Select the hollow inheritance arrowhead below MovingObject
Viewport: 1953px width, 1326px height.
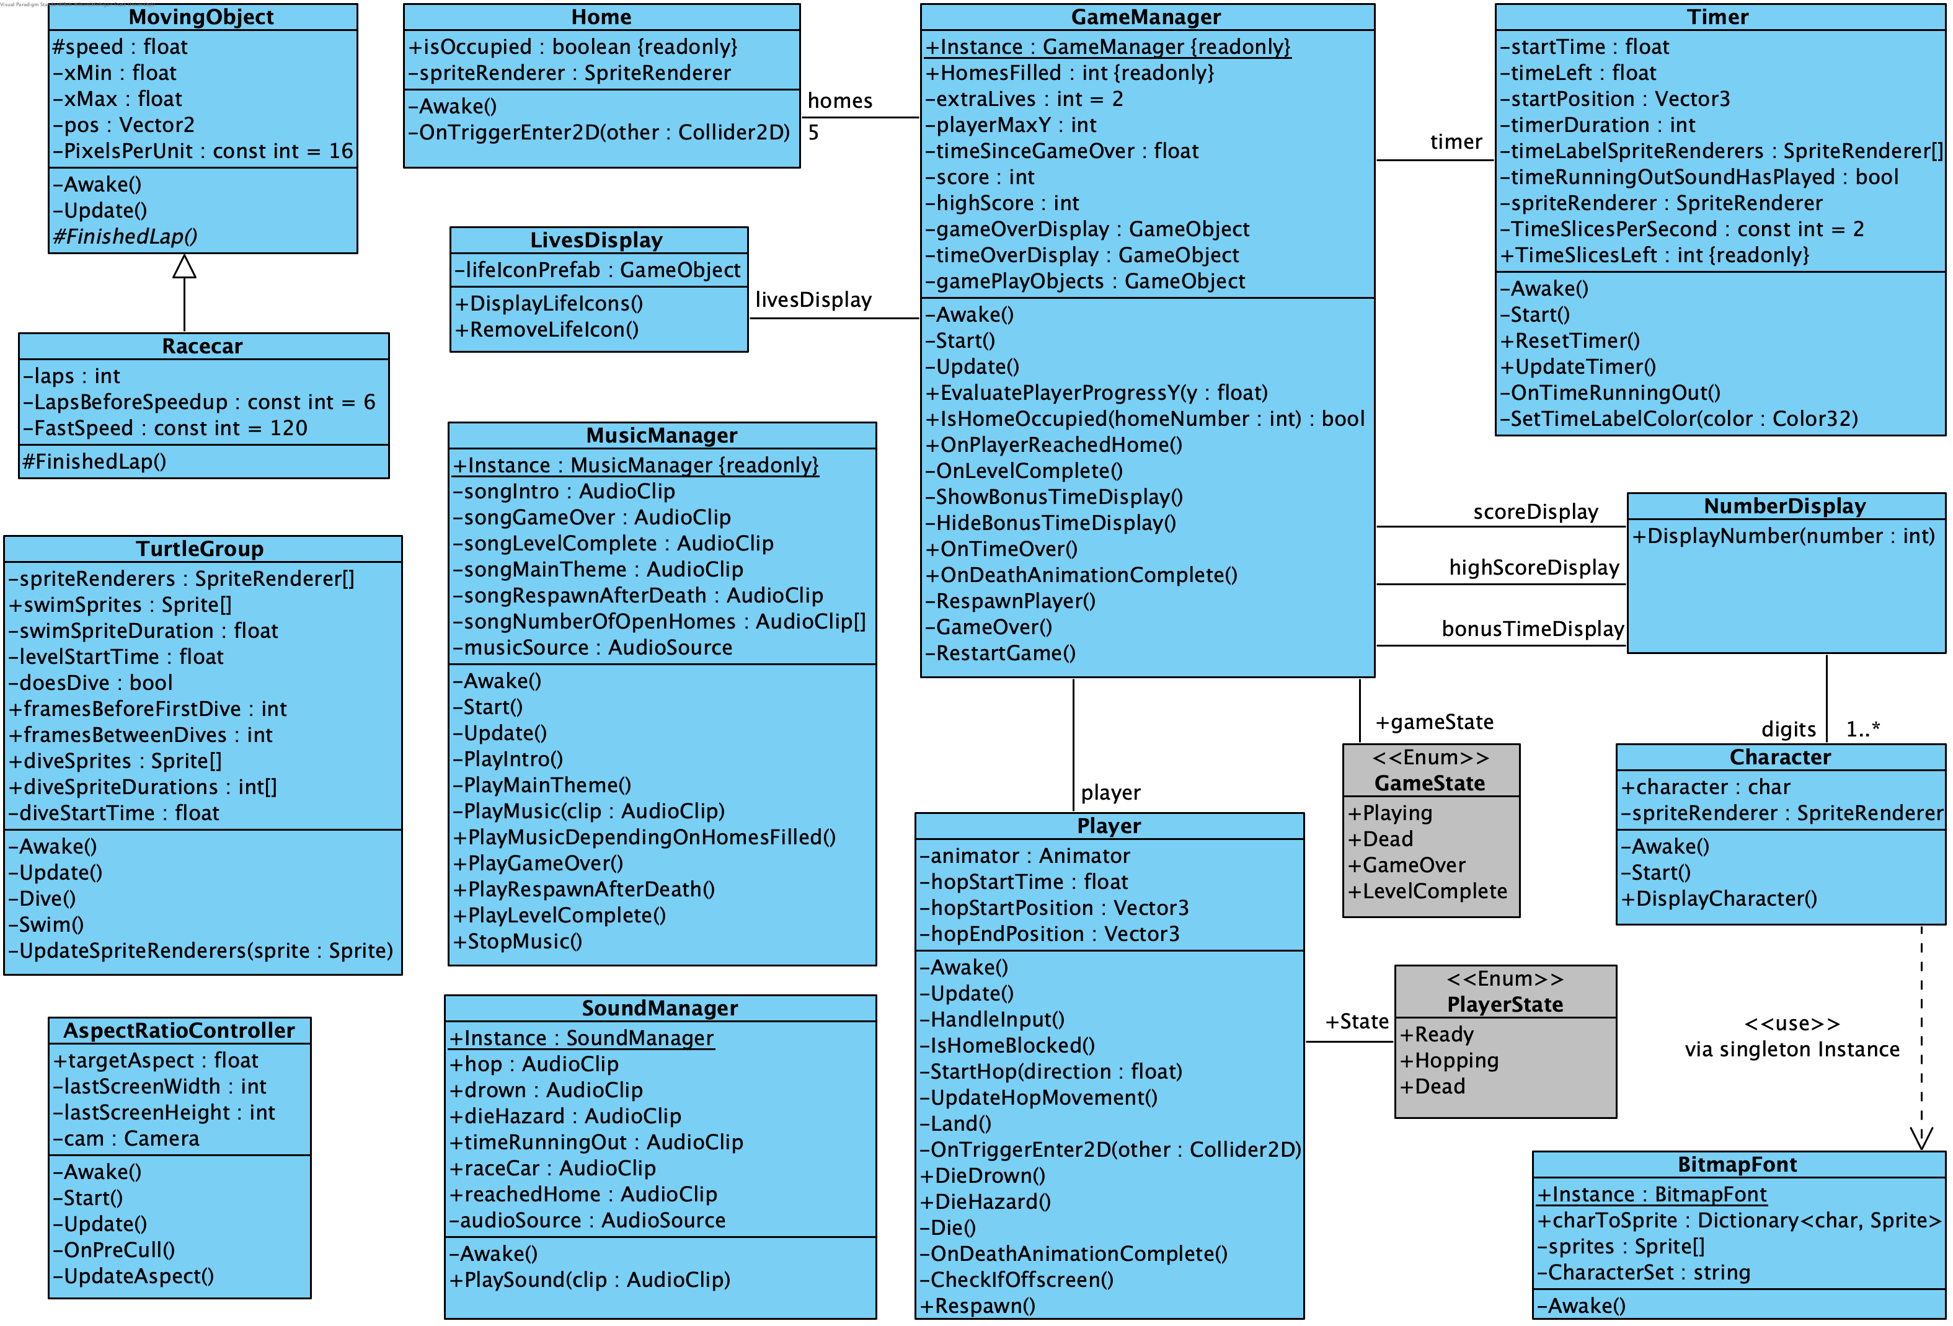[184, 267]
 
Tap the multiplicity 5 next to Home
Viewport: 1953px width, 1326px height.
[813, 133]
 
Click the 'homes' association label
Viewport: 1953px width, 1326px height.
[839, 101]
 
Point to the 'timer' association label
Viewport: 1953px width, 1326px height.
[1456, 142]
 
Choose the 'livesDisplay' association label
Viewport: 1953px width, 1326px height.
[813, 300]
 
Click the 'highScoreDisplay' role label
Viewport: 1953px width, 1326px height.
[1534, 568]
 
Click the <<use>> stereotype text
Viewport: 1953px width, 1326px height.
[1792, 1023]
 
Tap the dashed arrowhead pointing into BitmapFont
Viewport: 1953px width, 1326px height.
[1921, 1139]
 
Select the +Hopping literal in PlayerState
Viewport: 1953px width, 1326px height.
[1449, 1061]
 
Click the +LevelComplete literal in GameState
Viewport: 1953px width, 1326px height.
[1428, 891]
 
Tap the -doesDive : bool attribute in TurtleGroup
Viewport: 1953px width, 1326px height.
[91, 683]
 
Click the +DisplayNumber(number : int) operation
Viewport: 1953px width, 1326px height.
[1782, 536]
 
